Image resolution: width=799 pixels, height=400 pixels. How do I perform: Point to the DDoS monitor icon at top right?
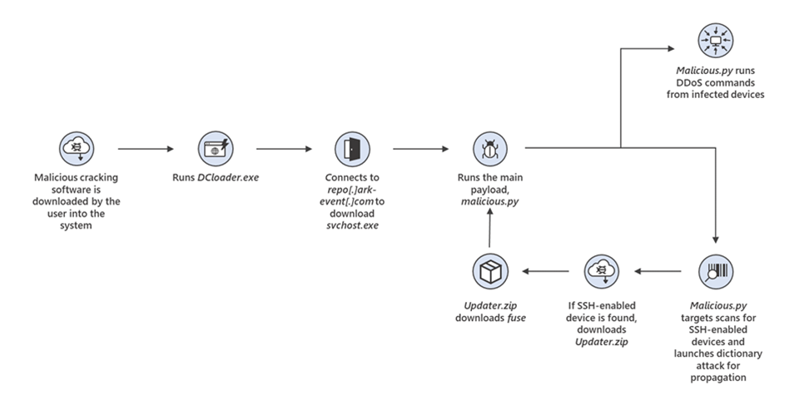point(716,37)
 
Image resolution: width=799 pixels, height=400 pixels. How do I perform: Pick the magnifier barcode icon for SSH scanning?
point(716,271)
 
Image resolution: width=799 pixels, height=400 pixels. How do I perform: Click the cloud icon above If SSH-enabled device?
point(602,271)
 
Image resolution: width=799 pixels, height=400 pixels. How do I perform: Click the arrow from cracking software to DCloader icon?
point(146,150)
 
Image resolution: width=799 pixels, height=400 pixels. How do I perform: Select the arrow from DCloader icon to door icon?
point(284,150)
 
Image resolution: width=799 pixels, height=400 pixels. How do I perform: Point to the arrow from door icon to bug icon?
point(420,150)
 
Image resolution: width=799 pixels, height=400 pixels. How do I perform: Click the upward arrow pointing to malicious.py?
point(489,225)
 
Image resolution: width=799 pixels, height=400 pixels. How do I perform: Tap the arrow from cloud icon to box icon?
point(545,271)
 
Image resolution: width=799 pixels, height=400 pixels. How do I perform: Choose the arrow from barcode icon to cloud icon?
point(658,271)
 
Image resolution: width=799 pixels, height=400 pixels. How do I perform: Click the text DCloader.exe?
point(229,177)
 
